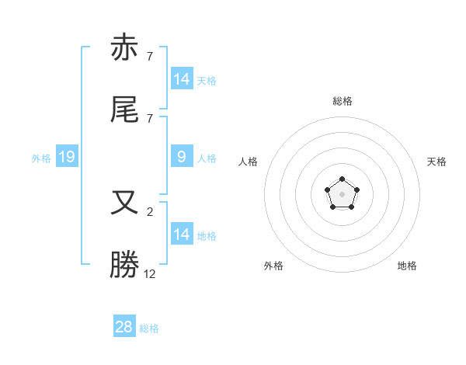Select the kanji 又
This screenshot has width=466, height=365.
point(125,203)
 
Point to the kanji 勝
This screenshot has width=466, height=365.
point(125,265)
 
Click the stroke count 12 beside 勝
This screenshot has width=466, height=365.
point(150,273)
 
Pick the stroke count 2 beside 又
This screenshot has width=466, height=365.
point(150,211)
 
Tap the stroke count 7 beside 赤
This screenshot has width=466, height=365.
point(150,56)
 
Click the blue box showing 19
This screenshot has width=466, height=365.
point(66,158)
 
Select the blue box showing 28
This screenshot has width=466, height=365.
point(124,327)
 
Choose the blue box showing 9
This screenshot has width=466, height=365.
point(181,158)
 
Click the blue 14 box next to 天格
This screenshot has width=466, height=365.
point(181,79)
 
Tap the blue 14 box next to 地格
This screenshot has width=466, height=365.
point(181,235)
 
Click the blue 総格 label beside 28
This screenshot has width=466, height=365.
point(149,328)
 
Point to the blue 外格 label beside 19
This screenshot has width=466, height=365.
point(41,158)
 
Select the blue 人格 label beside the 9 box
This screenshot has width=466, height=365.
point(207,158)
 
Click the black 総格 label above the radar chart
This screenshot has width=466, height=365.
point(342,101)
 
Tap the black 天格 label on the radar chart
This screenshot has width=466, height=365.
point(437,162)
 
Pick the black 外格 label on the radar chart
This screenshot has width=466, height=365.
point(273,266)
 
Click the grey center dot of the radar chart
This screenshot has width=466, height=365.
point(342,194)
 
